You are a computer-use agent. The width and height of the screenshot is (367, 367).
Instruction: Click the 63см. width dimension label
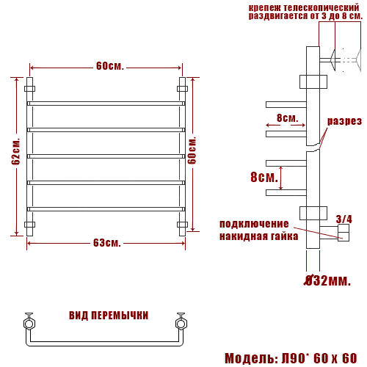pos(107,243)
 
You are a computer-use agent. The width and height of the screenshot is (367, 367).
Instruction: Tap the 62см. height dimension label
pos(15,152)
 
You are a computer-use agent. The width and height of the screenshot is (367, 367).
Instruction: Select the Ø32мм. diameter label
pos(327,280)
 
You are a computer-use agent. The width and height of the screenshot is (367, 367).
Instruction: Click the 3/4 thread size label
pos(344,219)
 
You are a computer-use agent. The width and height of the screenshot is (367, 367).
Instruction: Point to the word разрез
pos(344,121)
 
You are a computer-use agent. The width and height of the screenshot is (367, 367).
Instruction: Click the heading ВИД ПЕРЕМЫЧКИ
pos(109,316)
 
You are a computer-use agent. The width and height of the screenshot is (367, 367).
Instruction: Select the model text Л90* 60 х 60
pos(319,358)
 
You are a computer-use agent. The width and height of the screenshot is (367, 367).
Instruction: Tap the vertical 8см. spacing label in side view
pos(264,177)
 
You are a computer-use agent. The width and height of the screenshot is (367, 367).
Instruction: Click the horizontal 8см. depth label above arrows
pos(288,118)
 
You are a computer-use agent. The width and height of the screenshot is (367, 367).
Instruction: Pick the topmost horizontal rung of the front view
pos(106,103)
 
